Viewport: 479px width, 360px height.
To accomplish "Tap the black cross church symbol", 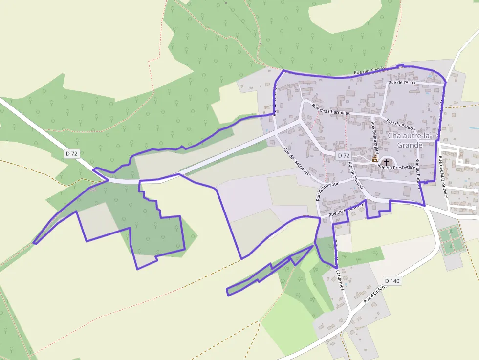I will tap(387, 162).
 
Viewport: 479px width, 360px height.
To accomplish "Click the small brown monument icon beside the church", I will tap(375, 159).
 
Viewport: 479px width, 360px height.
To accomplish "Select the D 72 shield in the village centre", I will tap(344, 155).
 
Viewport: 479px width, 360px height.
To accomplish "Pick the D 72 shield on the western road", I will tap(71, 153).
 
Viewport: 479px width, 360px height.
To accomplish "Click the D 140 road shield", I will tap(392, 281).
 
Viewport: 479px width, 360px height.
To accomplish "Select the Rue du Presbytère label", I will tap(396, 167).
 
